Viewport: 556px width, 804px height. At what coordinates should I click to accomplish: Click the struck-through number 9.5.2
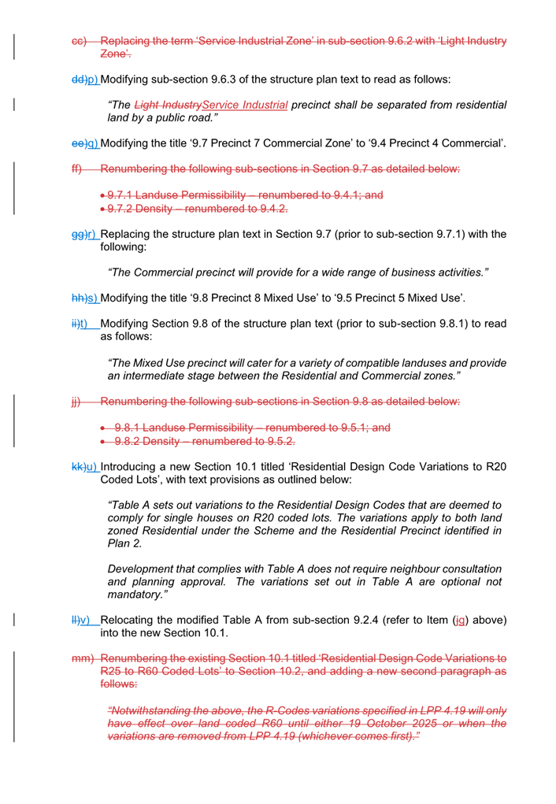click(x=276, y=440)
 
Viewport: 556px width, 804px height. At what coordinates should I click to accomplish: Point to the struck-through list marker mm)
click(x=82, y=658)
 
